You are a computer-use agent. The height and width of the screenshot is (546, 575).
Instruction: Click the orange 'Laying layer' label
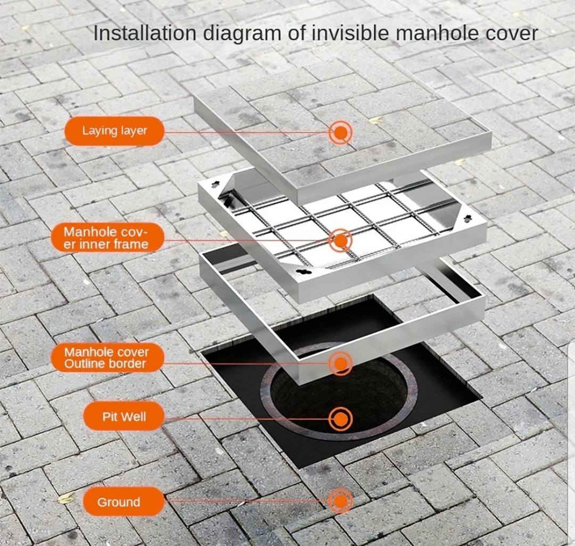114,131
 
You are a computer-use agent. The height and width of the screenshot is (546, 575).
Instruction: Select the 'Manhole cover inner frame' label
106,238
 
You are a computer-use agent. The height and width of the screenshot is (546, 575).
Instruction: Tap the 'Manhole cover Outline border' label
106,358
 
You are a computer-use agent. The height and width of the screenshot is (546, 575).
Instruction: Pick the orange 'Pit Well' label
124,417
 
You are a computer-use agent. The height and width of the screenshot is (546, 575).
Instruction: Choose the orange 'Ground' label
124,501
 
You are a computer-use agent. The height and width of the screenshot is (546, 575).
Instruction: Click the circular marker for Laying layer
341,133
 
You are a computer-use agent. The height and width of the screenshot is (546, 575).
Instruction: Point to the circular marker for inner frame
341,241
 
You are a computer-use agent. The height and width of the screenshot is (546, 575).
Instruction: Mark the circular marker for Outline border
341,363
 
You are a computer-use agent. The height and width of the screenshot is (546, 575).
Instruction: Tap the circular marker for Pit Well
341,418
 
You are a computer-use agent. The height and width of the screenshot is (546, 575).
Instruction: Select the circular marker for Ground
341,501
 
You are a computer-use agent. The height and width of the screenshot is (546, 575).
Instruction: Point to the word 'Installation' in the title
145,33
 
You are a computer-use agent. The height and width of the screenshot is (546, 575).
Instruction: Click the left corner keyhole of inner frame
216,183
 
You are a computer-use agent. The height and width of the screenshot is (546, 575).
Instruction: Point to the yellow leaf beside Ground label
67,498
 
